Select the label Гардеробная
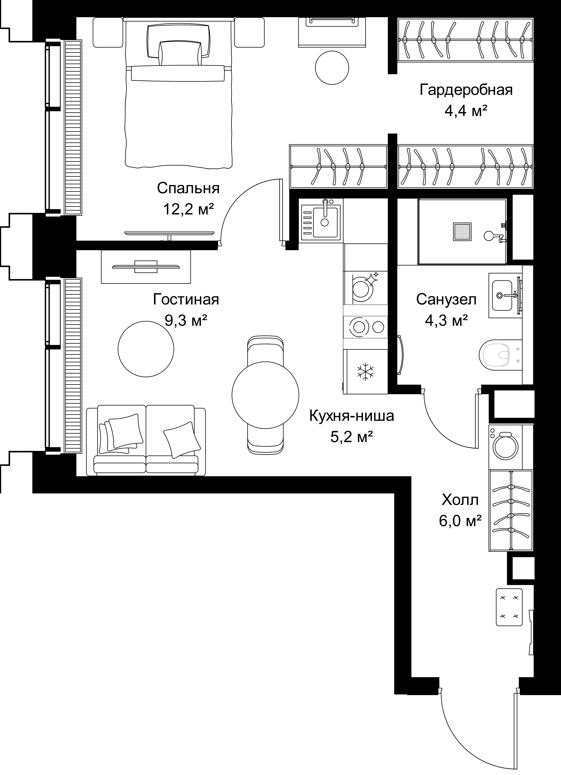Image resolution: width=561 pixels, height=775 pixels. click(466, 90)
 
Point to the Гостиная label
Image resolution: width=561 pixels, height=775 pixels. click(186, 300)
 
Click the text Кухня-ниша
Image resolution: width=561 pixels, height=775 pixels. click(352, 416)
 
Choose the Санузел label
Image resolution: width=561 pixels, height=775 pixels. click(446, 300)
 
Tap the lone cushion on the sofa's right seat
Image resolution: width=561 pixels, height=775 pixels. click(182, 439)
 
